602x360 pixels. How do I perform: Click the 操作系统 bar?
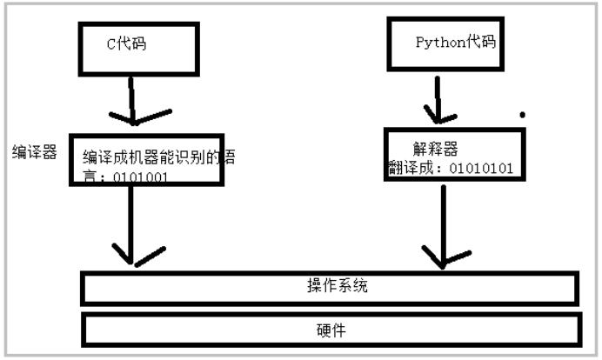pyautogui.click(x=330, y=287)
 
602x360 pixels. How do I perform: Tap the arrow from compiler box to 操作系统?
pyautogui.click(x=130, y=222)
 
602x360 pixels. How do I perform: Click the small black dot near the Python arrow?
pyautogui.click(x=522, y=114)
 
